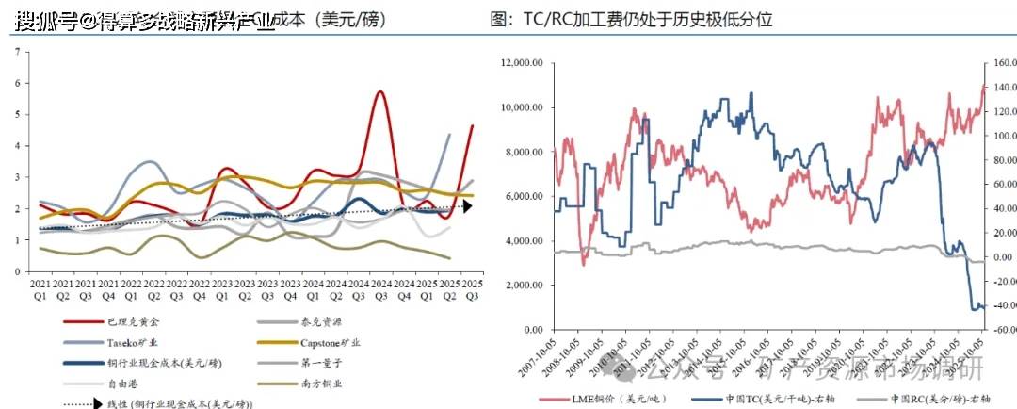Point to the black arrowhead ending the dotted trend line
pyautogui.click(x=467, y=206)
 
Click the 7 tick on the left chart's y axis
pyautogui.click(x=18, y=51)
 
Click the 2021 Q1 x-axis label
pyautogui.click(x=40, y=289)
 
